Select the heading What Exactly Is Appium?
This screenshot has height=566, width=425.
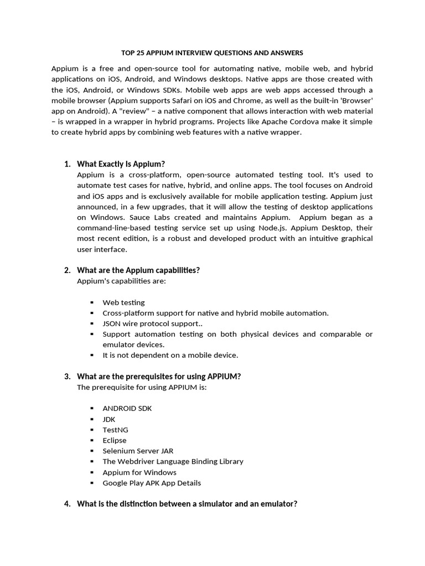121,164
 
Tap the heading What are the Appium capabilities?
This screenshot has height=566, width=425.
138,270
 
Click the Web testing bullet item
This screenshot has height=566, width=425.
123,302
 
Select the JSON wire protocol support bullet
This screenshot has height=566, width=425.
158,323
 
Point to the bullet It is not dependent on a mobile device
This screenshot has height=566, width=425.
170,355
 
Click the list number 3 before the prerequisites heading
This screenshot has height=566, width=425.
66,376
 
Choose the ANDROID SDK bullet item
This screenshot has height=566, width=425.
127,408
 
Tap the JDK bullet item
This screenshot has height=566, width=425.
109,419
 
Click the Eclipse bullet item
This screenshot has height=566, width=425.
115,441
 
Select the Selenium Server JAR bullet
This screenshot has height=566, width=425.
138,451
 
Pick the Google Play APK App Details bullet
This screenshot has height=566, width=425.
152,483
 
